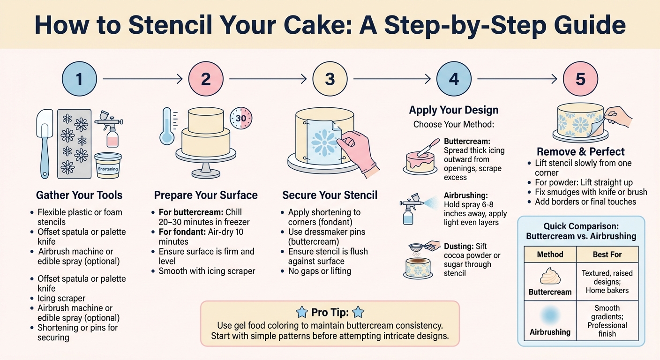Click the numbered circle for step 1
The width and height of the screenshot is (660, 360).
coord(79,79)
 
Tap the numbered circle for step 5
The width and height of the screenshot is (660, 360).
coord(580,79)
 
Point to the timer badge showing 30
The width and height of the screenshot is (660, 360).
coord(240,119)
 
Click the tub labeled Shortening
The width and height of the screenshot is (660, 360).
coord(108,165)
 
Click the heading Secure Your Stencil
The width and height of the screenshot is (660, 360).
coord(330,195)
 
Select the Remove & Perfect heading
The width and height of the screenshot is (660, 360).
coord(580,151)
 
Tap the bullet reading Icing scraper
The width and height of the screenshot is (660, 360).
coord(61,298)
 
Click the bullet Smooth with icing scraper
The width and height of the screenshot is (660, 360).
coord(207,271)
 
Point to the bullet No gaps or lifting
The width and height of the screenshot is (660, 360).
coord(319,271)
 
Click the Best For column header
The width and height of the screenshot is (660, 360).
coord(607,255)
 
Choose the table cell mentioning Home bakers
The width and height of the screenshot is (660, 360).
coord(607,282)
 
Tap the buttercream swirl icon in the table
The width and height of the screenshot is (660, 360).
coord(550,277)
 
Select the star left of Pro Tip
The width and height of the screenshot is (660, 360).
coord(303,312)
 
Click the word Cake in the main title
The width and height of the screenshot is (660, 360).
coord(296,25)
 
